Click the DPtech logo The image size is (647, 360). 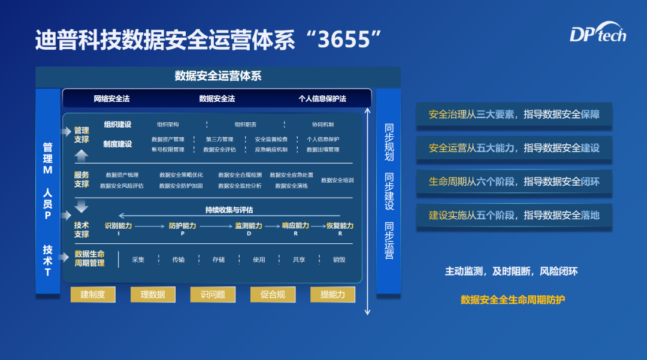[x=597, y=35]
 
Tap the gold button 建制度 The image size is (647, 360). [x=93, y=294]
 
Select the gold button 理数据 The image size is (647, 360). [x=153, y=294]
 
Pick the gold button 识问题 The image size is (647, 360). [x=213, y=294]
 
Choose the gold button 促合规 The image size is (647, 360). [x=273, y=294]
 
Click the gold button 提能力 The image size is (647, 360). [x=332, y=294]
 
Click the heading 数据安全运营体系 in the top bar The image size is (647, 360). [x=218, y=76]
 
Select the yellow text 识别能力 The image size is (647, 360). [x=118, y=226]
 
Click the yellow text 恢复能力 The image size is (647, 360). [x=340, y=226]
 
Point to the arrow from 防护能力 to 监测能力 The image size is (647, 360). [x=214, y=226]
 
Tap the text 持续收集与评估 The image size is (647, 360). [x=229, y=210]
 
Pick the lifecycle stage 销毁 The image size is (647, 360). [x=339, y=259]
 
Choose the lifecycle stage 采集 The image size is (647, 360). [x=138, y=259]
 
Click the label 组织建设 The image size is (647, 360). [x=117, y=125]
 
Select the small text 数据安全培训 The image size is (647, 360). [x=337, y=180]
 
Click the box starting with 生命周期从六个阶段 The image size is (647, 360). [x=514, y=181]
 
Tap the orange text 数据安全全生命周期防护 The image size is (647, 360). [x=513, y=300]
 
